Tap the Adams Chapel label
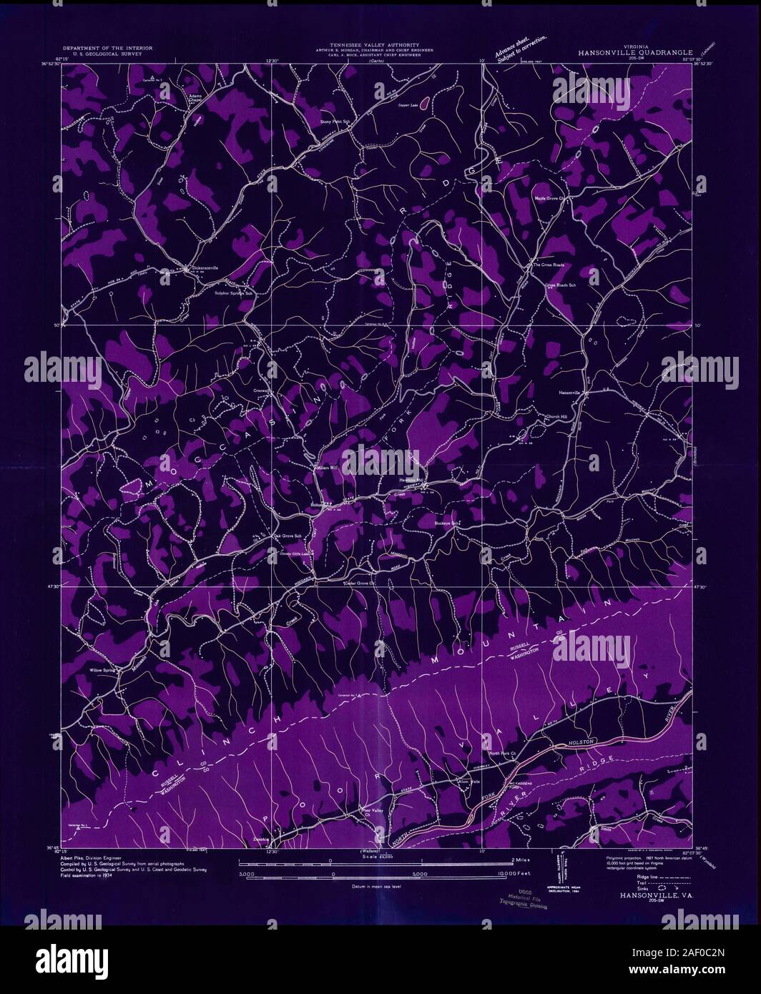click(x=196, y=97)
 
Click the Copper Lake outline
click(x=423, y=104)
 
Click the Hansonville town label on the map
click(x=572, y=393)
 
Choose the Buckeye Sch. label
click(x=446, y=523)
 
